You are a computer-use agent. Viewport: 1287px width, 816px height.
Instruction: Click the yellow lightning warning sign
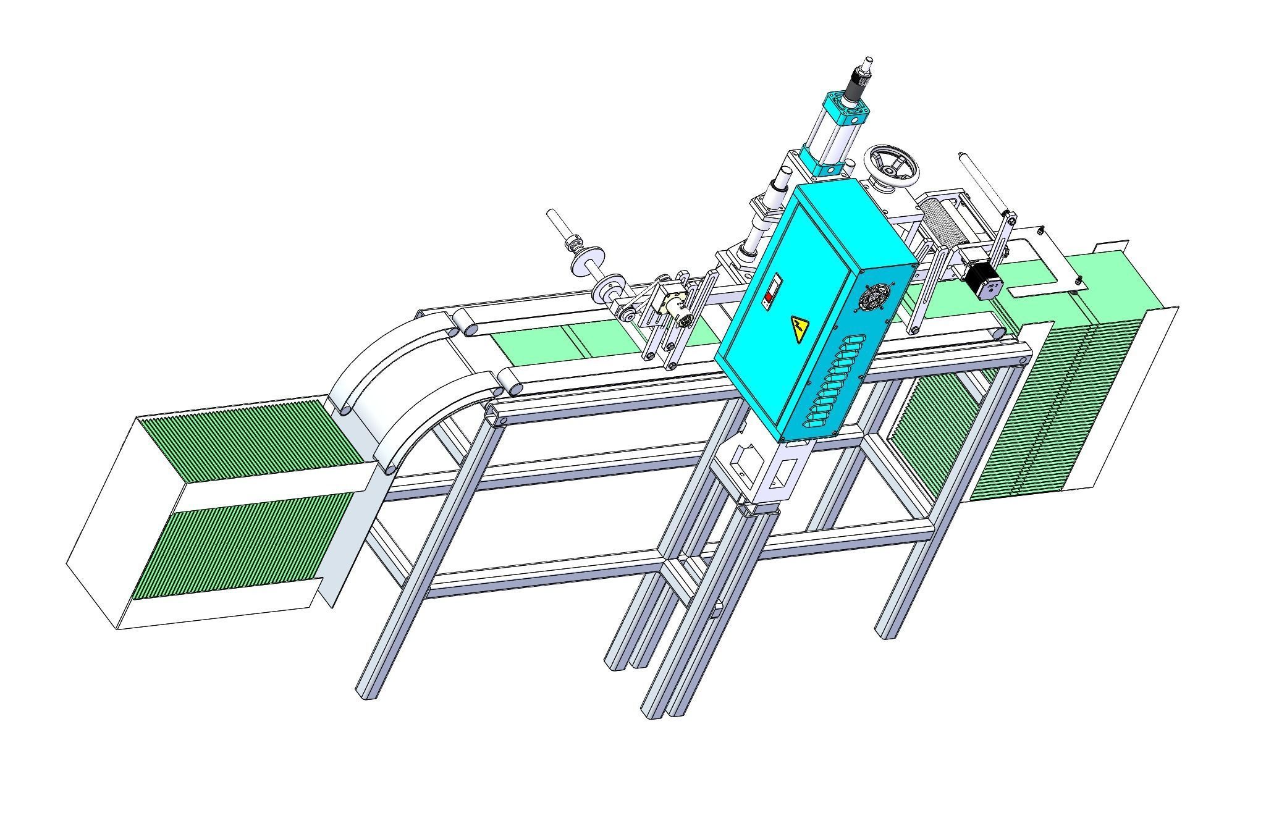pyautogui.click(x=800, y=330)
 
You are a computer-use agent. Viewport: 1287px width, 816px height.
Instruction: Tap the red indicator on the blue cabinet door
pyautogui.click(x=768, y=298)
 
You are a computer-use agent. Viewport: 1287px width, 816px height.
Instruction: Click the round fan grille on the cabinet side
pyautogui.click(x=872, y=298)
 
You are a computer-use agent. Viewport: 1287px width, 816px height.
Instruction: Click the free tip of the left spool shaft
pyautogui.click(x=551, y=214)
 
